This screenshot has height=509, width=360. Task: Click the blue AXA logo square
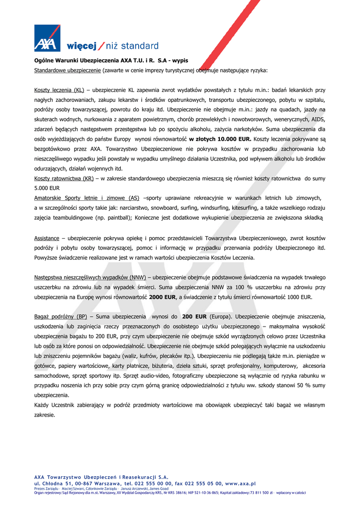coord(47,38)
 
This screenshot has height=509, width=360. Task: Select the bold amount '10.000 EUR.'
coord(233,139)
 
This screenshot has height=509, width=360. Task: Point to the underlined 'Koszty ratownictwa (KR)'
coord(64,178)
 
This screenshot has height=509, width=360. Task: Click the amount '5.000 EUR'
coord(47,188)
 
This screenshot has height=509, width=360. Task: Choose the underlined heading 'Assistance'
coord(46,238)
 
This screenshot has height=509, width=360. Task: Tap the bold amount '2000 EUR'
coord(163,297)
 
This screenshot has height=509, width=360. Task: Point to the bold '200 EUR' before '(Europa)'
coord(194,316)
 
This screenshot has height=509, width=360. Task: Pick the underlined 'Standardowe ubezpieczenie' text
coord(67,70)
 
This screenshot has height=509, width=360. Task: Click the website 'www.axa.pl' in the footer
coord(240,483)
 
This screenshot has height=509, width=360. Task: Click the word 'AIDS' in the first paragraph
coord(318,119)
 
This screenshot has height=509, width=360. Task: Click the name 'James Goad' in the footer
coord(158,488)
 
